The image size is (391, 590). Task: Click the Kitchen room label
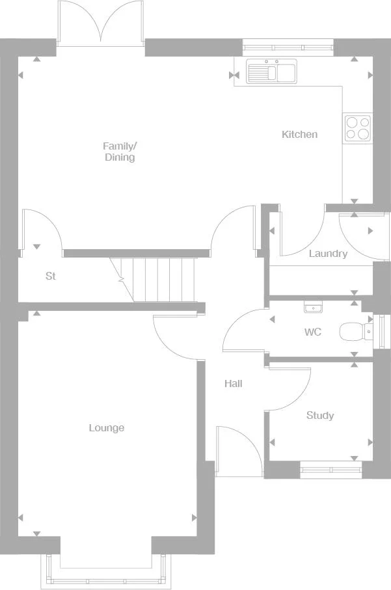[x=299, y=135]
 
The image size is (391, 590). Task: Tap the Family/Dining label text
[x=120, y=152]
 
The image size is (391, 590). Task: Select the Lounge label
[x=107, y=428]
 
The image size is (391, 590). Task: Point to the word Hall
[x=233, y=384]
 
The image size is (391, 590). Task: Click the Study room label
[x=319, y=416]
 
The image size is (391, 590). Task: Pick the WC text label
[x=313, y=332]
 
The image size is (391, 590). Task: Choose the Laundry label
[x=328, y=254]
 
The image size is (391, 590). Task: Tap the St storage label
[x=51, y=276]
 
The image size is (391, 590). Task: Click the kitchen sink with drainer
[x=271, y=71]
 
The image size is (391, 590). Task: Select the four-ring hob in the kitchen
[x=357, y=127]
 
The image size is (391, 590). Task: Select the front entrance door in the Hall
[x=238, y=453]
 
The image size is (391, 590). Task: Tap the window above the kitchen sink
[x=288, y=46]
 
